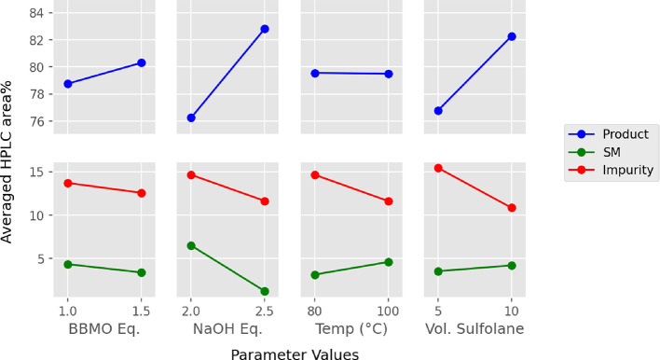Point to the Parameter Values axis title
[x=295, y=352]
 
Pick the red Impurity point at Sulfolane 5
[x=438, y=168]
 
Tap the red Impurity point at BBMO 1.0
[x=67, y=183]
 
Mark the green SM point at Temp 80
[x=315, y=275]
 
